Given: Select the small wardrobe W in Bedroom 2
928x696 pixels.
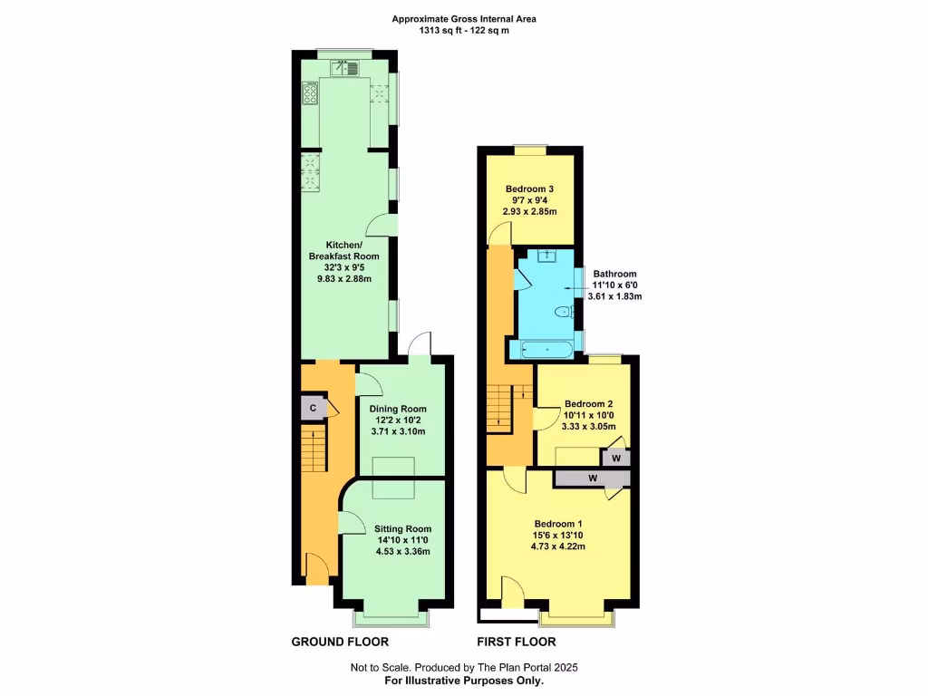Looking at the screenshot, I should (616, 459).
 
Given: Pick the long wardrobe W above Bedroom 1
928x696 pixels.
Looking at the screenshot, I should (593, 478).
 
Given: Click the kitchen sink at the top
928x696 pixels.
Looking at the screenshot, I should (347, 66).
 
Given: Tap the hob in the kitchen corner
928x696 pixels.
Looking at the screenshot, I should (311, 93).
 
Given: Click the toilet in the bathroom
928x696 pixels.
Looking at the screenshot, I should (565, 312).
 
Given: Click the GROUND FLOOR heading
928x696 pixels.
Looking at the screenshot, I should (340, 642).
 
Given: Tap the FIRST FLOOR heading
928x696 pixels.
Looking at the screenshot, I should (516, 642).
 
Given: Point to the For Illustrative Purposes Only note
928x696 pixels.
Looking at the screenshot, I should (464, 680).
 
